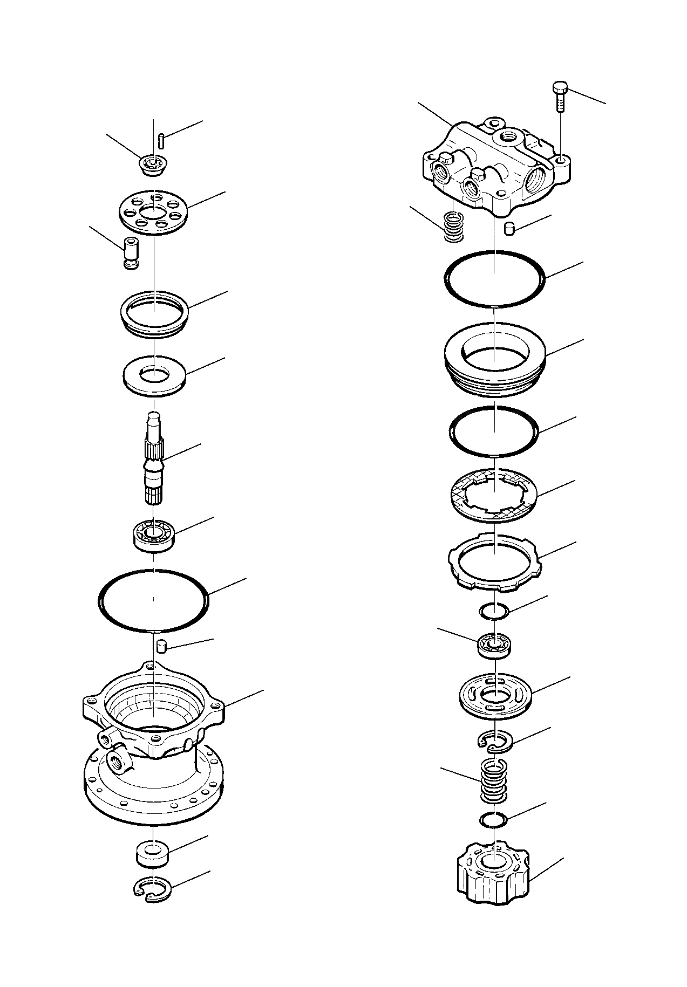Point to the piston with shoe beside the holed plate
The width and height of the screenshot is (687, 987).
[130, 252]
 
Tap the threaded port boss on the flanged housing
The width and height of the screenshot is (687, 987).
[118, 761]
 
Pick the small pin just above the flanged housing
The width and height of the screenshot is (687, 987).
[160, 645]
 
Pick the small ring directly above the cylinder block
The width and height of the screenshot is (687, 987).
[493, 819]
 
